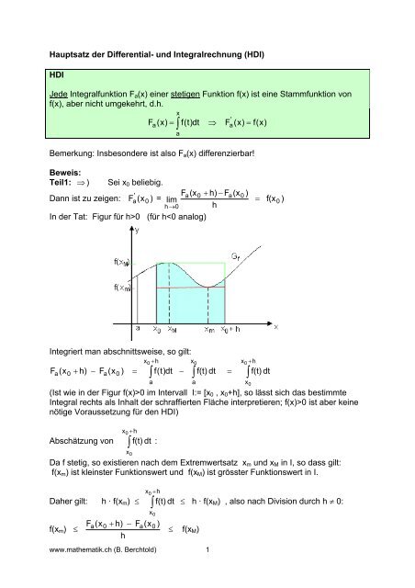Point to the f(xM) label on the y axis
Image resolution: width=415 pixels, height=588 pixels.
tap(119, 262)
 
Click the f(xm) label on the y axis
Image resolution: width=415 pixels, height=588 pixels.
tap(119, 288)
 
